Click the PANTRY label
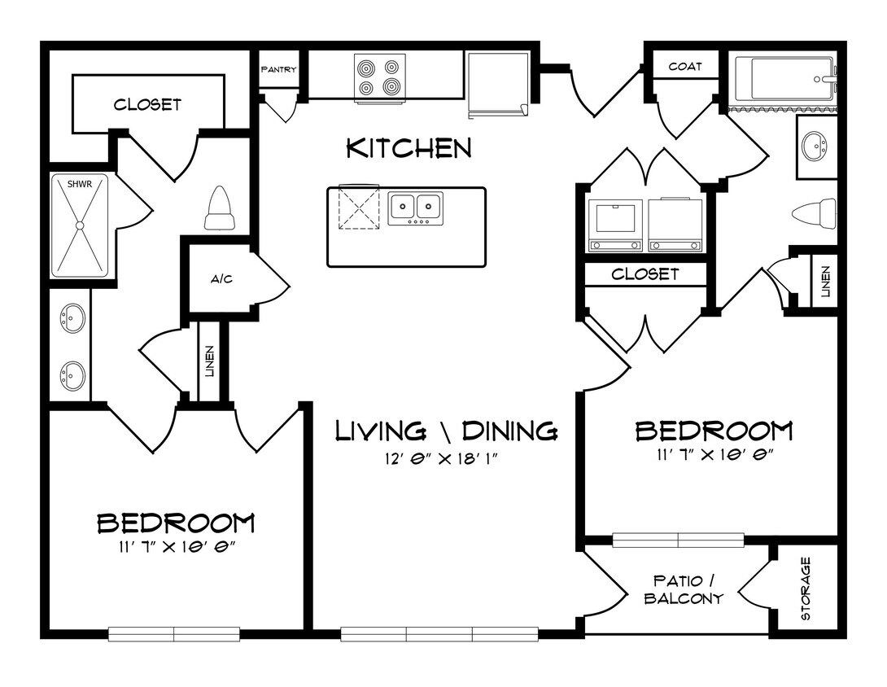(x=278, y=70)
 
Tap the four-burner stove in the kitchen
(x=380, y=77)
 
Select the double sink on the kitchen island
(x=415, y=208)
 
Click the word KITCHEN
(x=409, y=148)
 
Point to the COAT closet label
(x=684, y=67)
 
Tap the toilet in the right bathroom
(x=815, y=214)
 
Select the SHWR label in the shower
(x=79, y=184)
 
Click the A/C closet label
(x=221, y=279)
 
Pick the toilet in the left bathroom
(x=221, y=209)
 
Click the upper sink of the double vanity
(x=72, y=318)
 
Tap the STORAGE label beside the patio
(x=806, y=589)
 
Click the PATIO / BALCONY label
(x=684, y=589)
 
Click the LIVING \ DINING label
(x=446, y=430)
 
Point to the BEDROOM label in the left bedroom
(x=176, y=522)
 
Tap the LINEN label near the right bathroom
(x=824, y=281)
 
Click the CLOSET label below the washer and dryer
(x=644, y=274)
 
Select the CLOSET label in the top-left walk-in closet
(x=147, y=104)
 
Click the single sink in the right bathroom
(x=813, y=147)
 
